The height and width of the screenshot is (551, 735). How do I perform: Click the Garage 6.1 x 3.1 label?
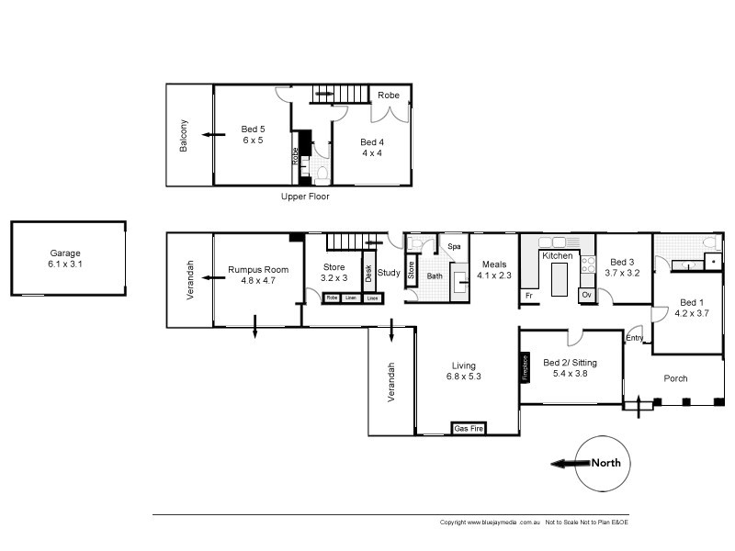pos(65,258)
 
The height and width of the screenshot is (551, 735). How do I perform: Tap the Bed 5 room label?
pos(253,134)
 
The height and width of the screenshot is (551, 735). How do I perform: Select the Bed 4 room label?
pos(371,147)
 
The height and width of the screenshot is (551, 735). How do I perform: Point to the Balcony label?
pos(184,135)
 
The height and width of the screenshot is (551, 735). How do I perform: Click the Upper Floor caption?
pos(305,197)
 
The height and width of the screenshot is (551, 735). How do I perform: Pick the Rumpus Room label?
pos(258,275)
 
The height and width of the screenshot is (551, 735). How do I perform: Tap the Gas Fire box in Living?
pos(469,428)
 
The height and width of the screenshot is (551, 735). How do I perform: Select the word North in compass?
pos(605,463)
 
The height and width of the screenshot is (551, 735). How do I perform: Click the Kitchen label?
pos(557,255)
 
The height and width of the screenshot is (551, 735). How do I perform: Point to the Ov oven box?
pos(586,295)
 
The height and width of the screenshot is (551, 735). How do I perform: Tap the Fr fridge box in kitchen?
pos(529,296)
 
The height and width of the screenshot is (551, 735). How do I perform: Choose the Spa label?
pos(453,247)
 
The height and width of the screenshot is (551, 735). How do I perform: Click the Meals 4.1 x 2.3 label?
pos(492,269)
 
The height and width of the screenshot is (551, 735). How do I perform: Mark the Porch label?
pos(675,378)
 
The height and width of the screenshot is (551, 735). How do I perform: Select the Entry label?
pos(635,338)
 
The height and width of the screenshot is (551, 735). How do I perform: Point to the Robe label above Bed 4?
pos(389,94)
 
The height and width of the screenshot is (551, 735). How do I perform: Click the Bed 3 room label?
pos(622,267)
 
